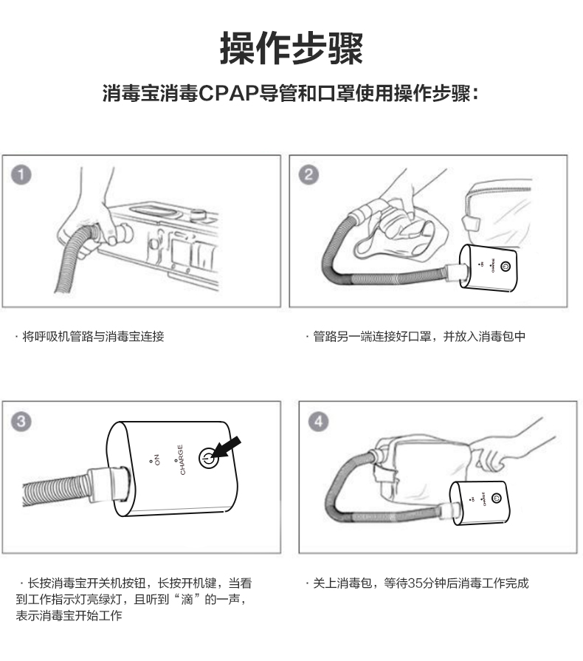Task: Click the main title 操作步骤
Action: (x=291, y=48)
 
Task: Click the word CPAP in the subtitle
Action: (x=228, y=93)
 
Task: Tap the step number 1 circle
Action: (x=21, y=174)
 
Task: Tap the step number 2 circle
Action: (x=308, y=174)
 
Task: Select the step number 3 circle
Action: (x=21, y=421)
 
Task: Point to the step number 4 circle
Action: (x=319, y=421)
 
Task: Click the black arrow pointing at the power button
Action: (x=227, y=448)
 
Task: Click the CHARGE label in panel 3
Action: (x=181, y=459)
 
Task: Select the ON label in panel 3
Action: (x=155, y=459)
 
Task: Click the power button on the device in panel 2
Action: (x=506, y=267)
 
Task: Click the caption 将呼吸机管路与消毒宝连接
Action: (x=93, y=336)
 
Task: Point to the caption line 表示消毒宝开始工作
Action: (x=69, y=615)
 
